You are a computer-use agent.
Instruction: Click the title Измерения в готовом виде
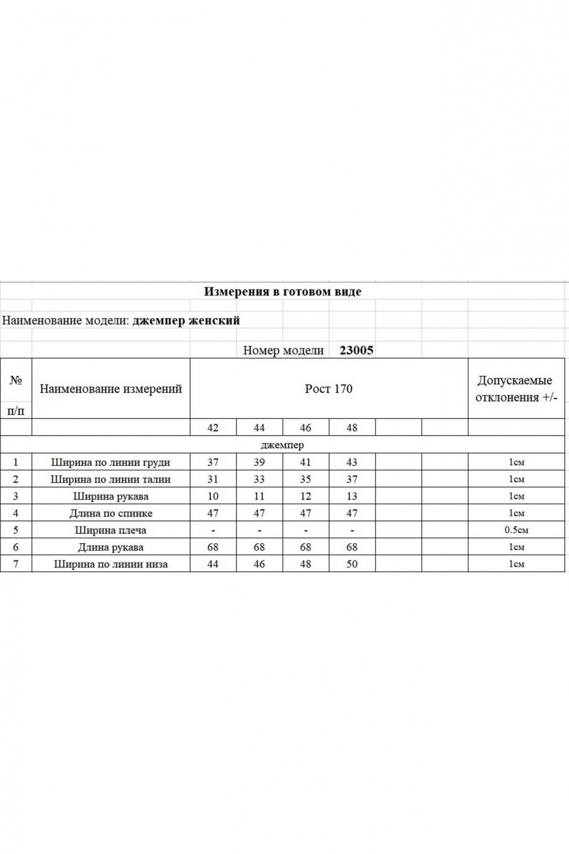(282, 292)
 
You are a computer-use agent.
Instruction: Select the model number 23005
(357, 350)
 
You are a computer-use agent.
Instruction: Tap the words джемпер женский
(187, 320)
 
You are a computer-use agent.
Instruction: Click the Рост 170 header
(329, 389)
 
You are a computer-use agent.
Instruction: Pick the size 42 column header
(213, 428)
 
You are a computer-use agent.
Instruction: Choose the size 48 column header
(352, 428)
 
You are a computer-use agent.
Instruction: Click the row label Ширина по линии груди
(111, 462)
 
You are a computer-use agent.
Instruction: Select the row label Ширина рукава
(111, 496)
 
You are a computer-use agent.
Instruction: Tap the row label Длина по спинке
(111, 513)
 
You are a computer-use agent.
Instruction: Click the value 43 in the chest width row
(352, 462)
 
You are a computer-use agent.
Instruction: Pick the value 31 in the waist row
(213, 479)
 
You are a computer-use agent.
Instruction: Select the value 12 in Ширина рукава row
(306, 496)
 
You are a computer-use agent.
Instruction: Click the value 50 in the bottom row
(352, 564)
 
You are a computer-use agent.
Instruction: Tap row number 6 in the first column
(15, 547)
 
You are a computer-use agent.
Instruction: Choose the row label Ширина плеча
(111, 530)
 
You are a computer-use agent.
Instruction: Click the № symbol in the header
(15, 379)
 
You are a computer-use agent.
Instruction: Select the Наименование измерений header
(111, 389)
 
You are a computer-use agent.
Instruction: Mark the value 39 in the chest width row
(260, 462)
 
